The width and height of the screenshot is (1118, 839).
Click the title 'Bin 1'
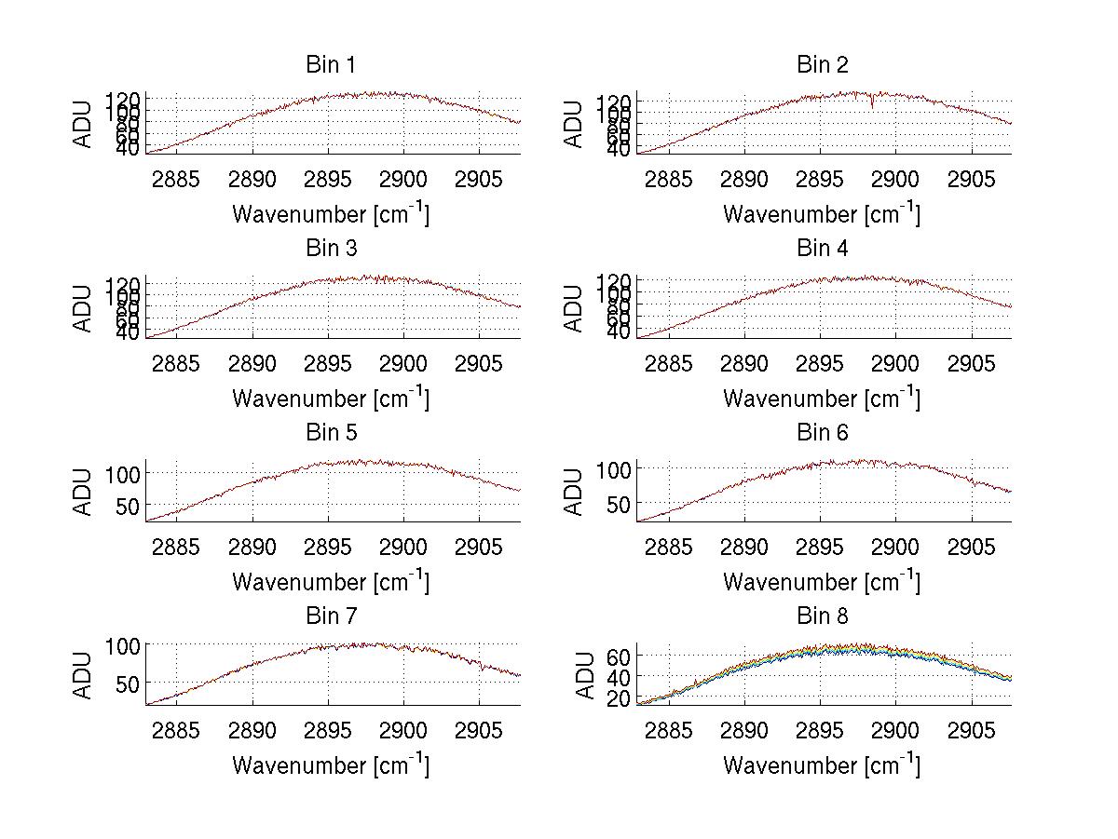click(x=330, y=65)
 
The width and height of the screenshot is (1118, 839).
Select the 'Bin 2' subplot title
click(x=822, y=65)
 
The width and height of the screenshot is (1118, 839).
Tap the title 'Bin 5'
click(x=330, y=433)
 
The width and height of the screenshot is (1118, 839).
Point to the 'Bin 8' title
click(x=822, y=616)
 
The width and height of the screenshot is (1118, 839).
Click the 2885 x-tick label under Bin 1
click(x=176, y=179)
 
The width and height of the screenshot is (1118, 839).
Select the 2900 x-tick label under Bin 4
click(x=894, y=362)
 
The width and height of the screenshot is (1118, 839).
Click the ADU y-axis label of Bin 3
click(x=84, y=308)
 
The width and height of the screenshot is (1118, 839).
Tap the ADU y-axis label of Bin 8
click(x=586, y=675)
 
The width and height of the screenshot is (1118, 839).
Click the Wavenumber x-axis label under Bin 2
click(x=821, y=214)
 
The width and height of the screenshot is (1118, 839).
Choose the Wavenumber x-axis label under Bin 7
click(x=330, y=765)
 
